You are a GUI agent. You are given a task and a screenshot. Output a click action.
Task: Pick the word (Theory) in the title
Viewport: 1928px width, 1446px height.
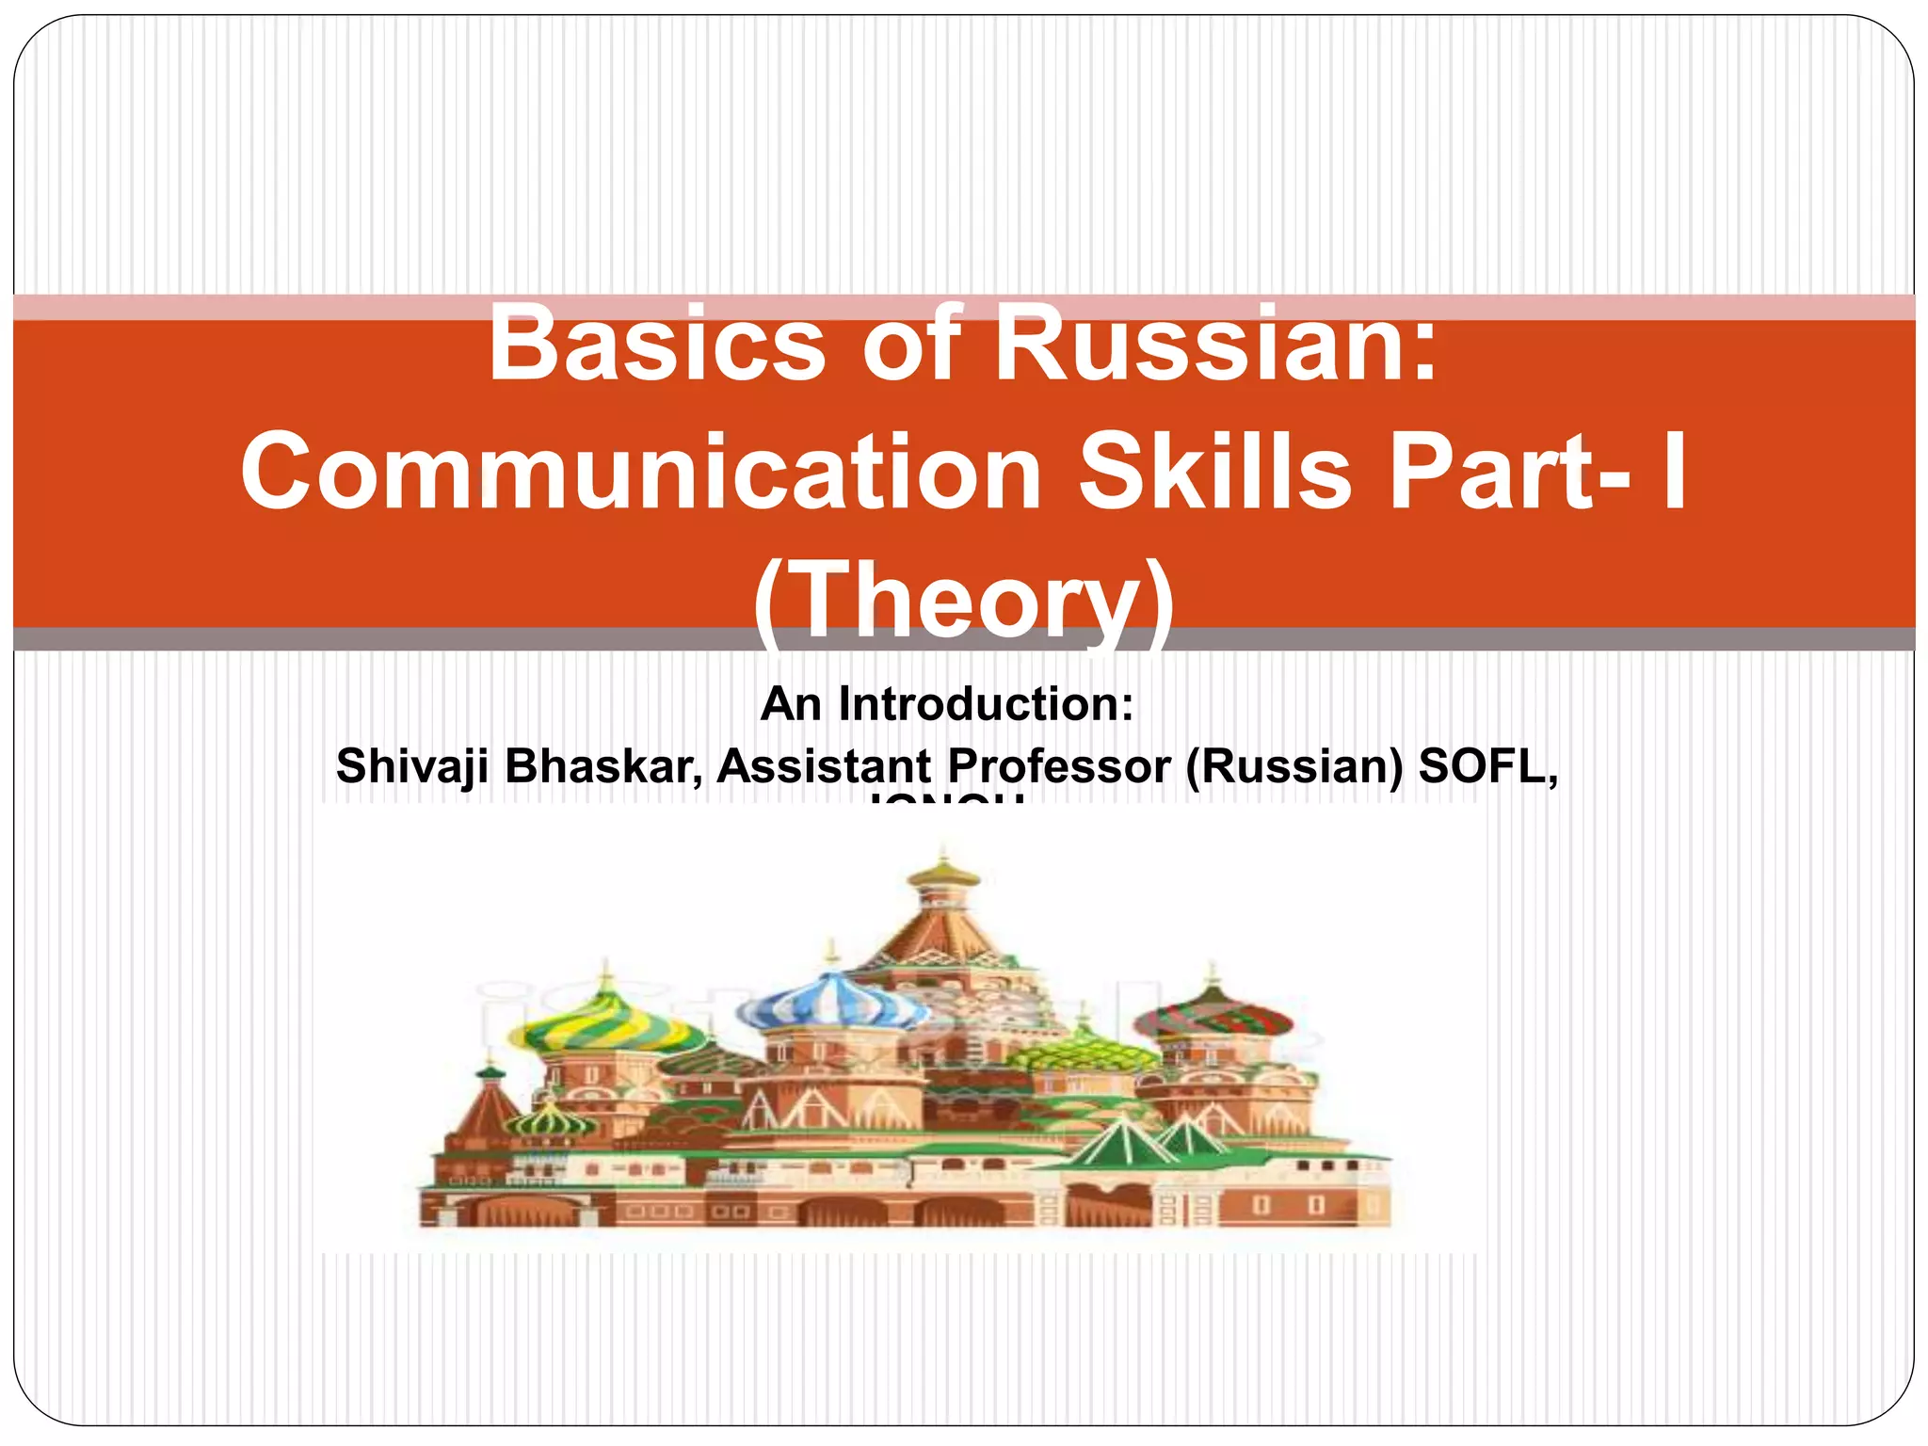tap(964, 599)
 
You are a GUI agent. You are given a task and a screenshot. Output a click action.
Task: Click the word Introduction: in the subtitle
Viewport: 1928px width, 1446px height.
tap(986, 704)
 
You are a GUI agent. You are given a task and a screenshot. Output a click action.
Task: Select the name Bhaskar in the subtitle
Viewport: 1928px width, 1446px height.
tap(603, 766)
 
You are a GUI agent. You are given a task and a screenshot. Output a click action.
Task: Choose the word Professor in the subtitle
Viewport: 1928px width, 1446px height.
tap(1059, 766)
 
